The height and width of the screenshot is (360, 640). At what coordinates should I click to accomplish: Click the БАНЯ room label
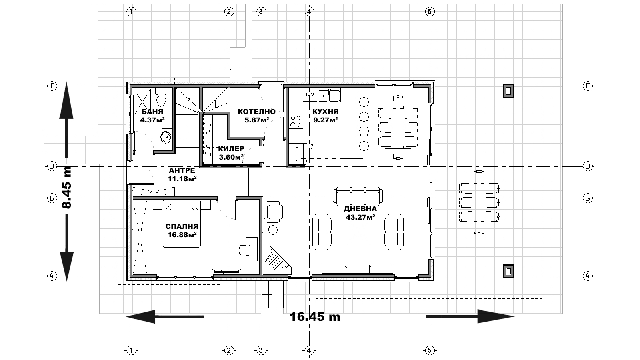tap(152, 112)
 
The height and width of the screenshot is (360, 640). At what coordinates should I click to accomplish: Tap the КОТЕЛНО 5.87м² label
tap(256, 116)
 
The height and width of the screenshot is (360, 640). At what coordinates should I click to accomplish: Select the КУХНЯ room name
tap(326, 112)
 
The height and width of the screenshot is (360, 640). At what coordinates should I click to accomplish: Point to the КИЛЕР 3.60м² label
tap(231, 153)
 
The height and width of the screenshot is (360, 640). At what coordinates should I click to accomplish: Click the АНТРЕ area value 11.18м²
tap(182, 179)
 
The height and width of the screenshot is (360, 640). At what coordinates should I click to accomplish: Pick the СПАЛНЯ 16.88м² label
tap(182, 230)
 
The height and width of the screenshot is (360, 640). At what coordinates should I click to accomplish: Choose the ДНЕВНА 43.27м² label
tap(360, 213)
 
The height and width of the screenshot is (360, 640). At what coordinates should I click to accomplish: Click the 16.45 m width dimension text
tap(315, 317)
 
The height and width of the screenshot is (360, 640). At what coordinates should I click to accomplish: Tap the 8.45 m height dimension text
tap(67, 187)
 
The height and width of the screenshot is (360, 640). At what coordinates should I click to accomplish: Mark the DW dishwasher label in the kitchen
tap(310, 94)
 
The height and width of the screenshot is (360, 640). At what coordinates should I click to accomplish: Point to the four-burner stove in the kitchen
tap(296, 121)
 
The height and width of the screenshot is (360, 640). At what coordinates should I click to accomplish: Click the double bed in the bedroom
tap(182, 225)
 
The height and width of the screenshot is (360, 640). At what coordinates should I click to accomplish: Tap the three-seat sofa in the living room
tap(358, 196)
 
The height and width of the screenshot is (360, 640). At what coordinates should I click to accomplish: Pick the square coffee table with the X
tap(358, 232)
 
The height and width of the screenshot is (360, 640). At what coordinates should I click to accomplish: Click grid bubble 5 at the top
tap(430, 12)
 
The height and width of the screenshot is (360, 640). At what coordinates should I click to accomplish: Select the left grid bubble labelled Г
tap(52, 86)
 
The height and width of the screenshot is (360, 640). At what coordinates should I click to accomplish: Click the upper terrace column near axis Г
tap(508, 91)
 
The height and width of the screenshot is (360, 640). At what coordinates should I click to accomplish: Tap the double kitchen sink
tap(328, 96)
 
